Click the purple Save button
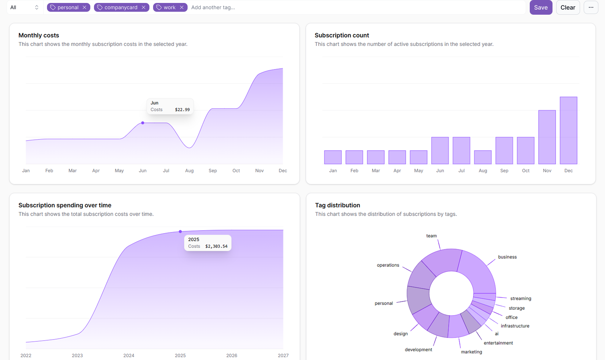click(x=541, y=7)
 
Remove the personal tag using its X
click(x=84, y=7)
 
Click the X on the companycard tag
click(x=144, y=7)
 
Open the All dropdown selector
click(x=24, y=7)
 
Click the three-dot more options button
click(x=591, y=7)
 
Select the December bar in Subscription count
click(x=568, y=130)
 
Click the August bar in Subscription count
click(x=483, y=157)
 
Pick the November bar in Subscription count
click(x=547, y=137)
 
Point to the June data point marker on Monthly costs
click(x=143, y=123)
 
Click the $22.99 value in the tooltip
click(x=182, y=109)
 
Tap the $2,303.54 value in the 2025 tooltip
click(x=216, y=246)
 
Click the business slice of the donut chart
click(x=477, y=272)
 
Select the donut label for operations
click(x=388, y=265)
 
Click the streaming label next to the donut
click(x=521, y=298)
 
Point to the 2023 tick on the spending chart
click(x=77, y=355)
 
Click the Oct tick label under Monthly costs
click(x=236, y=170)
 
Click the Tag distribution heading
click(x=337, y=205)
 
